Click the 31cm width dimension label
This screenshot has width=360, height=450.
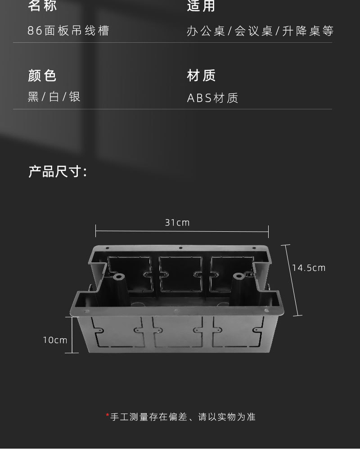(177, 222)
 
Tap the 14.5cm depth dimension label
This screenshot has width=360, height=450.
(309, 268)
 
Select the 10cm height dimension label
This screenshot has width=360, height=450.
(55, 340)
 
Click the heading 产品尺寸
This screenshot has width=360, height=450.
(57, 171)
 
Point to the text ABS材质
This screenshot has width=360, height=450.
(212, 98)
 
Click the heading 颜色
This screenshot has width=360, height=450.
(42, 76)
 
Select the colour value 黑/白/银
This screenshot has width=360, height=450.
(54, 97)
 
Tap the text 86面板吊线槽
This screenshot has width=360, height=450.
(68, 31)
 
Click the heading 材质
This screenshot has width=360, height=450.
(202, 76)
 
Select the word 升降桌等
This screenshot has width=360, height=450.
(308, 31)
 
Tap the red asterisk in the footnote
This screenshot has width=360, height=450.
(108, 416)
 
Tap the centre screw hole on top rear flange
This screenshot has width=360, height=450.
(180, 247)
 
